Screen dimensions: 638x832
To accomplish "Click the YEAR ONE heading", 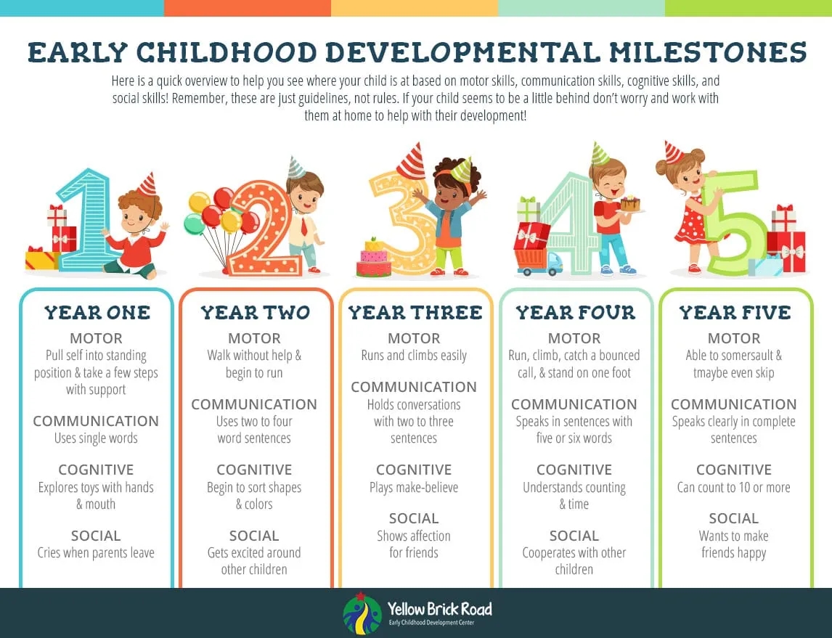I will pyautogui.click(x=97, y=313).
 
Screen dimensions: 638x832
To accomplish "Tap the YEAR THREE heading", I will pyautogui.click(x=415, y=313).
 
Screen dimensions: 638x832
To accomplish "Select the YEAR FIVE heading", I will pyautogui.click(x=734, y=313).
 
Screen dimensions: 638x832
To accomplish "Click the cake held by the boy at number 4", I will pyautogui.click(x=630, y=203).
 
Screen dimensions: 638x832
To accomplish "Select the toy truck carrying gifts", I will pyautogui.click(x=539, y=261).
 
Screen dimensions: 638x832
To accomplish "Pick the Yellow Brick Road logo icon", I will pyautogui.click(x=362, y=614).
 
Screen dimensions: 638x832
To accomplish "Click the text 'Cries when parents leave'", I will pyautogui.click(x=96, y=553).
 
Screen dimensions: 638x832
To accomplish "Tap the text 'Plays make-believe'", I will pyautogui.click(x=414, y=487).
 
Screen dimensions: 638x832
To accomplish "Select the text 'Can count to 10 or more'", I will pyautogui.click(x=733, y=487).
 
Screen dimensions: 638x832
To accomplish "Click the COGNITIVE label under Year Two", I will pyautogui.click(x=254, y=470).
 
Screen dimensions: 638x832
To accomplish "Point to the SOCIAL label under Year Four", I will pyautogui.click(x=574, y=536).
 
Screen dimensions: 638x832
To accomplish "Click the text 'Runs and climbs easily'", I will pyautogui.click(x=414, y=356).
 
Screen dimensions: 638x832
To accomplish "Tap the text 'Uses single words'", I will pyautogui.click(x=96, y=438).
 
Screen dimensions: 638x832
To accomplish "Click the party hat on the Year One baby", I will pyautogui.click(x=147, y=184).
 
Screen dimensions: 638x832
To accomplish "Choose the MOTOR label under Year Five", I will pyautogui.click(x=733, y=338).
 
